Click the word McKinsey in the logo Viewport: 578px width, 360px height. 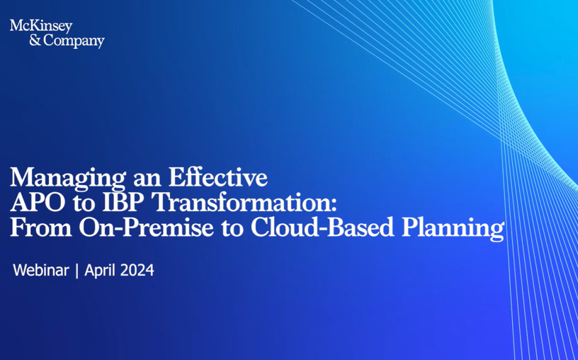(x=41, y=26)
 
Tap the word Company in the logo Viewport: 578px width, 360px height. (x=74, y=41)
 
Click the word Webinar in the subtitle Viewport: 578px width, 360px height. (x=41, y=271)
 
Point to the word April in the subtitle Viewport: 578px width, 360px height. (x=101, y=271)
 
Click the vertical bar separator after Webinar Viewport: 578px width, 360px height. (x=76, y=271)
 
